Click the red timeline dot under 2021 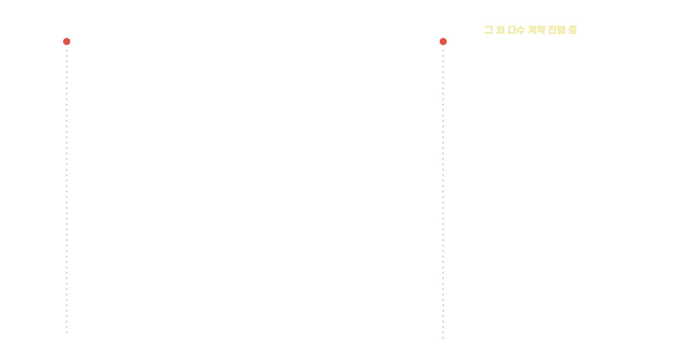coord(67,42)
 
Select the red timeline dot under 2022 coord(443,42)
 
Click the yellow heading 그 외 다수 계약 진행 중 coord(531,30)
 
